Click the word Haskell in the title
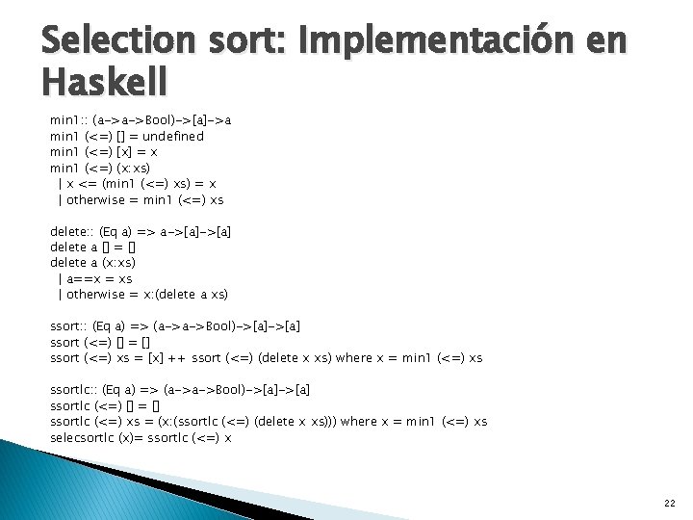click(104, 81)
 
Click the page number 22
click(669, 503)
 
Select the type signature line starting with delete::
click(140, 231)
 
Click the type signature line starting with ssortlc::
click(180, 390)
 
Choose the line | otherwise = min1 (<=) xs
click(141, 200)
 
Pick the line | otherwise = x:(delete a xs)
click(143, 294)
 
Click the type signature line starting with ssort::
click(175, 326)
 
